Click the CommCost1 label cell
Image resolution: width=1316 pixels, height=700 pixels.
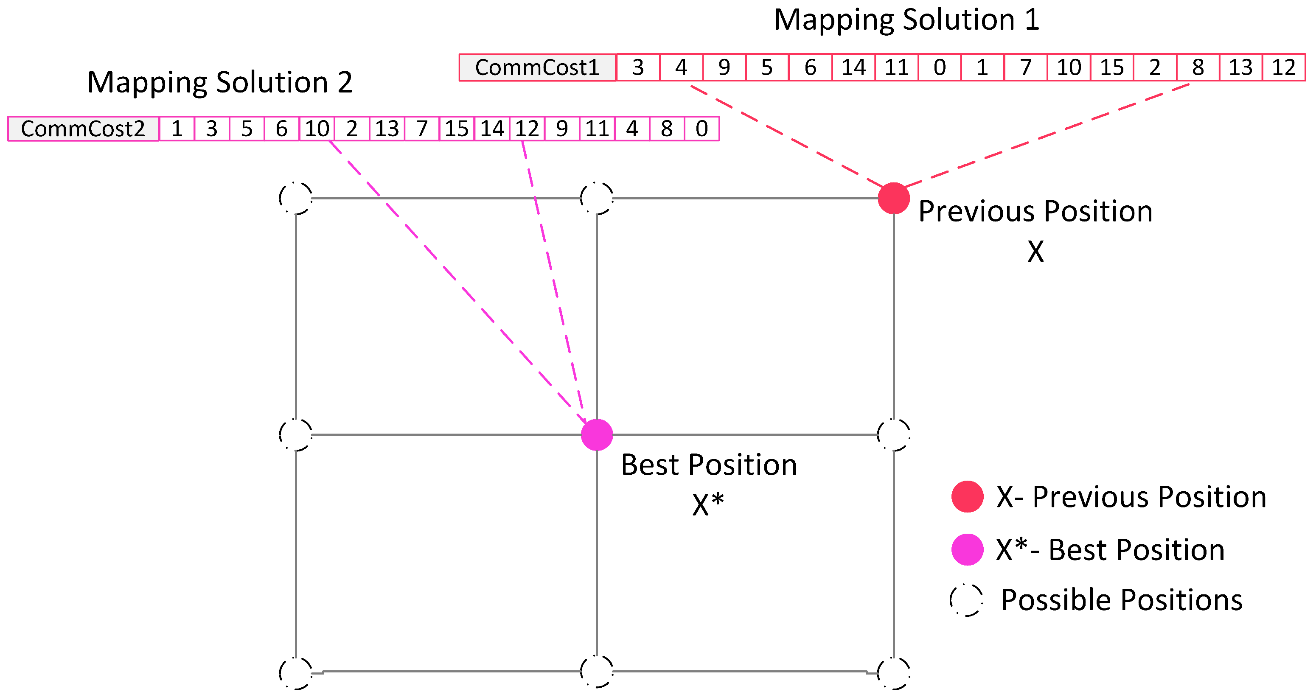pyautogui.click(x=537, y=67)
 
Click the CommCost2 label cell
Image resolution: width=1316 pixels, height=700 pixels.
pyautogui.click(x=83, y=129)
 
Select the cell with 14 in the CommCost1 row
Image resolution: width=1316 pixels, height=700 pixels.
pyautogui.click(x=853, y=67)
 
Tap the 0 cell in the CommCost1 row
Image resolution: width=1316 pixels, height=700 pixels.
pyautogui.click(x=940, y=67)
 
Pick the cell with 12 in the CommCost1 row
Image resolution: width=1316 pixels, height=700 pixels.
pyautogui.click(x=1283, y=67)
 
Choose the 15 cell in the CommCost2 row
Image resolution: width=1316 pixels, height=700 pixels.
pyautogui.click(x=457, y=129)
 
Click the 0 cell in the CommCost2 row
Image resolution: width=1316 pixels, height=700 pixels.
pyautogui.click(x=701, y=129)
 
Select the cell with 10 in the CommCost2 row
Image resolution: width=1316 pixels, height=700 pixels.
pyautogui.click(x=317, y=129)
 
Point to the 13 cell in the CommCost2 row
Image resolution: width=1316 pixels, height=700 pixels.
pyautogui.click(x=387, y=129)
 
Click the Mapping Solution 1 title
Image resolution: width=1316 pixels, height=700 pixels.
pyautogui.click(x=906, y=20)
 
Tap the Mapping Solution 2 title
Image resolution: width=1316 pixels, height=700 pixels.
pyautogui.click(x=220, y=82)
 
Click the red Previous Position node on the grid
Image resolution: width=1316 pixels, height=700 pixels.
pyautogui.click(x=893, y=198)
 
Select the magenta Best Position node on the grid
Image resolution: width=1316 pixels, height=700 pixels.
pyautogui.click(x=597, y=434)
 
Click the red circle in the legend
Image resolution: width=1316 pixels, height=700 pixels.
pyautogui.click(x=967, y=496)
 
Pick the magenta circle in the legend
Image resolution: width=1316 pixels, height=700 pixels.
pyautogui.click(x=967, y=549)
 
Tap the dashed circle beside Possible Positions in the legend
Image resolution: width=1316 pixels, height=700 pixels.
pyautogui.click(x=966, y=600)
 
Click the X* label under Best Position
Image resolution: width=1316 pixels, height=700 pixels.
pyautogui.click(x=708, y=505)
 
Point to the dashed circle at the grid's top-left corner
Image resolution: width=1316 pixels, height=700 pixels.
pyautogui.click(x=296, y=198)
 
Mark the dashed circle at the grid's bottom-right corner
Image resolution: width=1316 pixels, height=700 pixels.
pyautogui.click(x=893, y=672)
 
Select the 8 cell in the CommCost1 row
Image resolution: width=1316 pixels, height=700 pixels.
pyautogui.click(x=1198, y=67)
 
